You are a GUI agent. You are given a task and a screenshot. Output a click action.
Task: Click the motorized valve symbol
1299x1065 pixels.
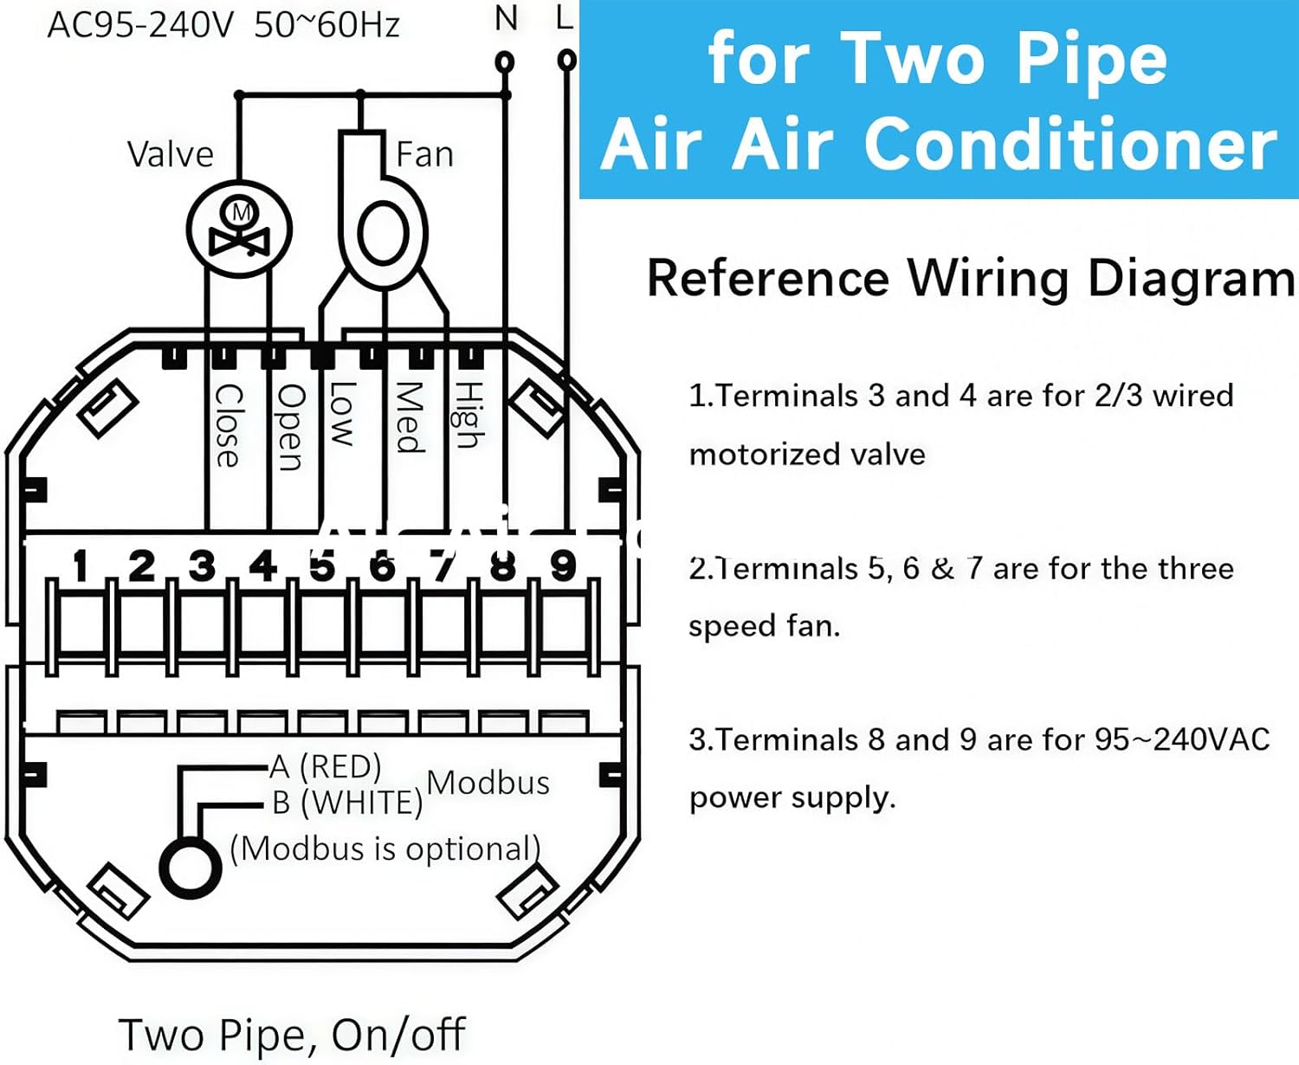[x=240, y=229]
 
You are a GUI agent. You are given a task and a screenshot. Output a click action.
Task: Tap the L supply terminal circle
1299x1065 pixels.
[x=566, y=60]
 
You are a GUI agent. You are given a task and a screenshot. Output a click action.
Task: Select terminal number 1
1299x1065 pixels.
[x=81, y=567]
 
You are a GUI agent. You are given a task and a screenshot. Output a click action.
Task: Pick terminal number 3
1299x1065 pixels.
[x=202, y=567]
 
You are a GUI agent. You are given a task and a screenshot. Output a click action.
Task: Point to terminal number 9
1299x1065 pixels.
[x=563, y=566]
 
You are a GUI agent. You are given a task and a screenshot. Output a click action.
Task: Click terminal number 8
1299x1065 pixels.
[x=502, y=567]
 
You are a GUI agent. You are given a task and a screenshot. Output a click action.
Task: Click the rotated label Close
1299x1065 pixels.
[x=228, y=425]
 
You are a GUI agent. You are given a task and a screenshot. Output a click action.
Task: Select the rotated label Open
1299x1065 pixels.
[x=290, y=427]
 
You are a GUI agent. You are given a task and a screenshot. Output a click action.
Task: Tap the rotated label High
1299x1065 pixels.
[x=469, y=415]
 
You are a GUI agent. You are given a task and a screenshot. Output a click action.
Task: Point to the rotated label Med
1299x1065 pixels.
[x=409, y=417]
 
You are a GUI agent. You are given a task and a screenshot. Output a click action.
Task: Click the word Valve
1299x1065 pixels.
[x=170, y=155]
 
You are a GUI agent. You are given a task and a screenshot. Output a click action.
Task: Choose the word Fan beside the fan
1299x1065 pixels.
[x=424, y=155]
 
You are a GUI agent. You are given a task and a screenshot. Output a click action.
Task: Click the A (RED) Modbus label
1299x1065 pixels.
[x=326, y=767]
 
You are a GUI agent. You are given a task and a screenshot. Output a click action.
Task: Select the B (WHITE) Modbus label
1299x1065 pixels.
[x=346, y=804]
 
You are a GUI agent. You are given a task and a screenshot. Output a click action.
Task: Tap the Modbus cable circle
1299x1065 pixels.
[x=191, y=868]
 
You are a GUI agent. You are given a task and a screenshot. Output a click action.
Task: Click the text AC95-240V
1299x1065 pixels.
[x=140, y=26]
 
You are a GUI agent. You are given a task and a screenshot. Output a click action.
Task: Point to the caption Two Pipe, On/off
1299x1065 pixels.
[x=292, y=1035]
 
